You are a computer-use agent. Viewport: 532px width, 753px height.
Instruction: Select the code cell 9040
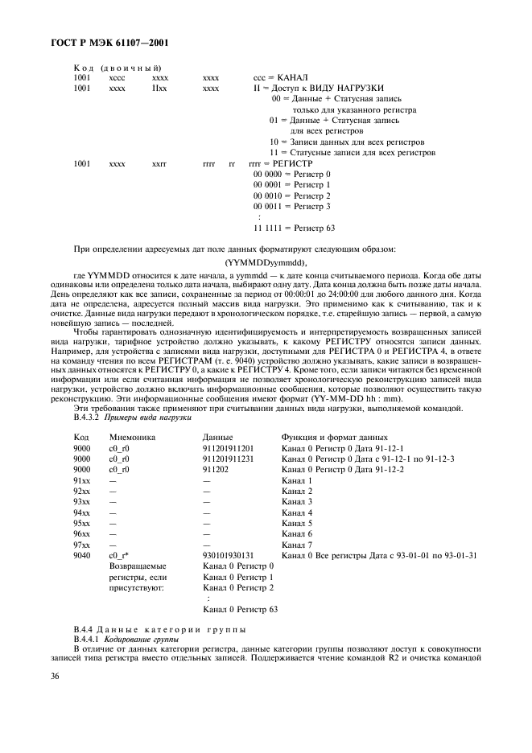81,555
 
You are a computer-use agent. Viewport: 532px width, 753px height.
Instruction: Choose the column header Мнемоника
131,436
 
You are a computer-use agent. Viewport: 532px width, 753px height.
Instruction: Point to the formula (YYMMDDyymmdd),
266,261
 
